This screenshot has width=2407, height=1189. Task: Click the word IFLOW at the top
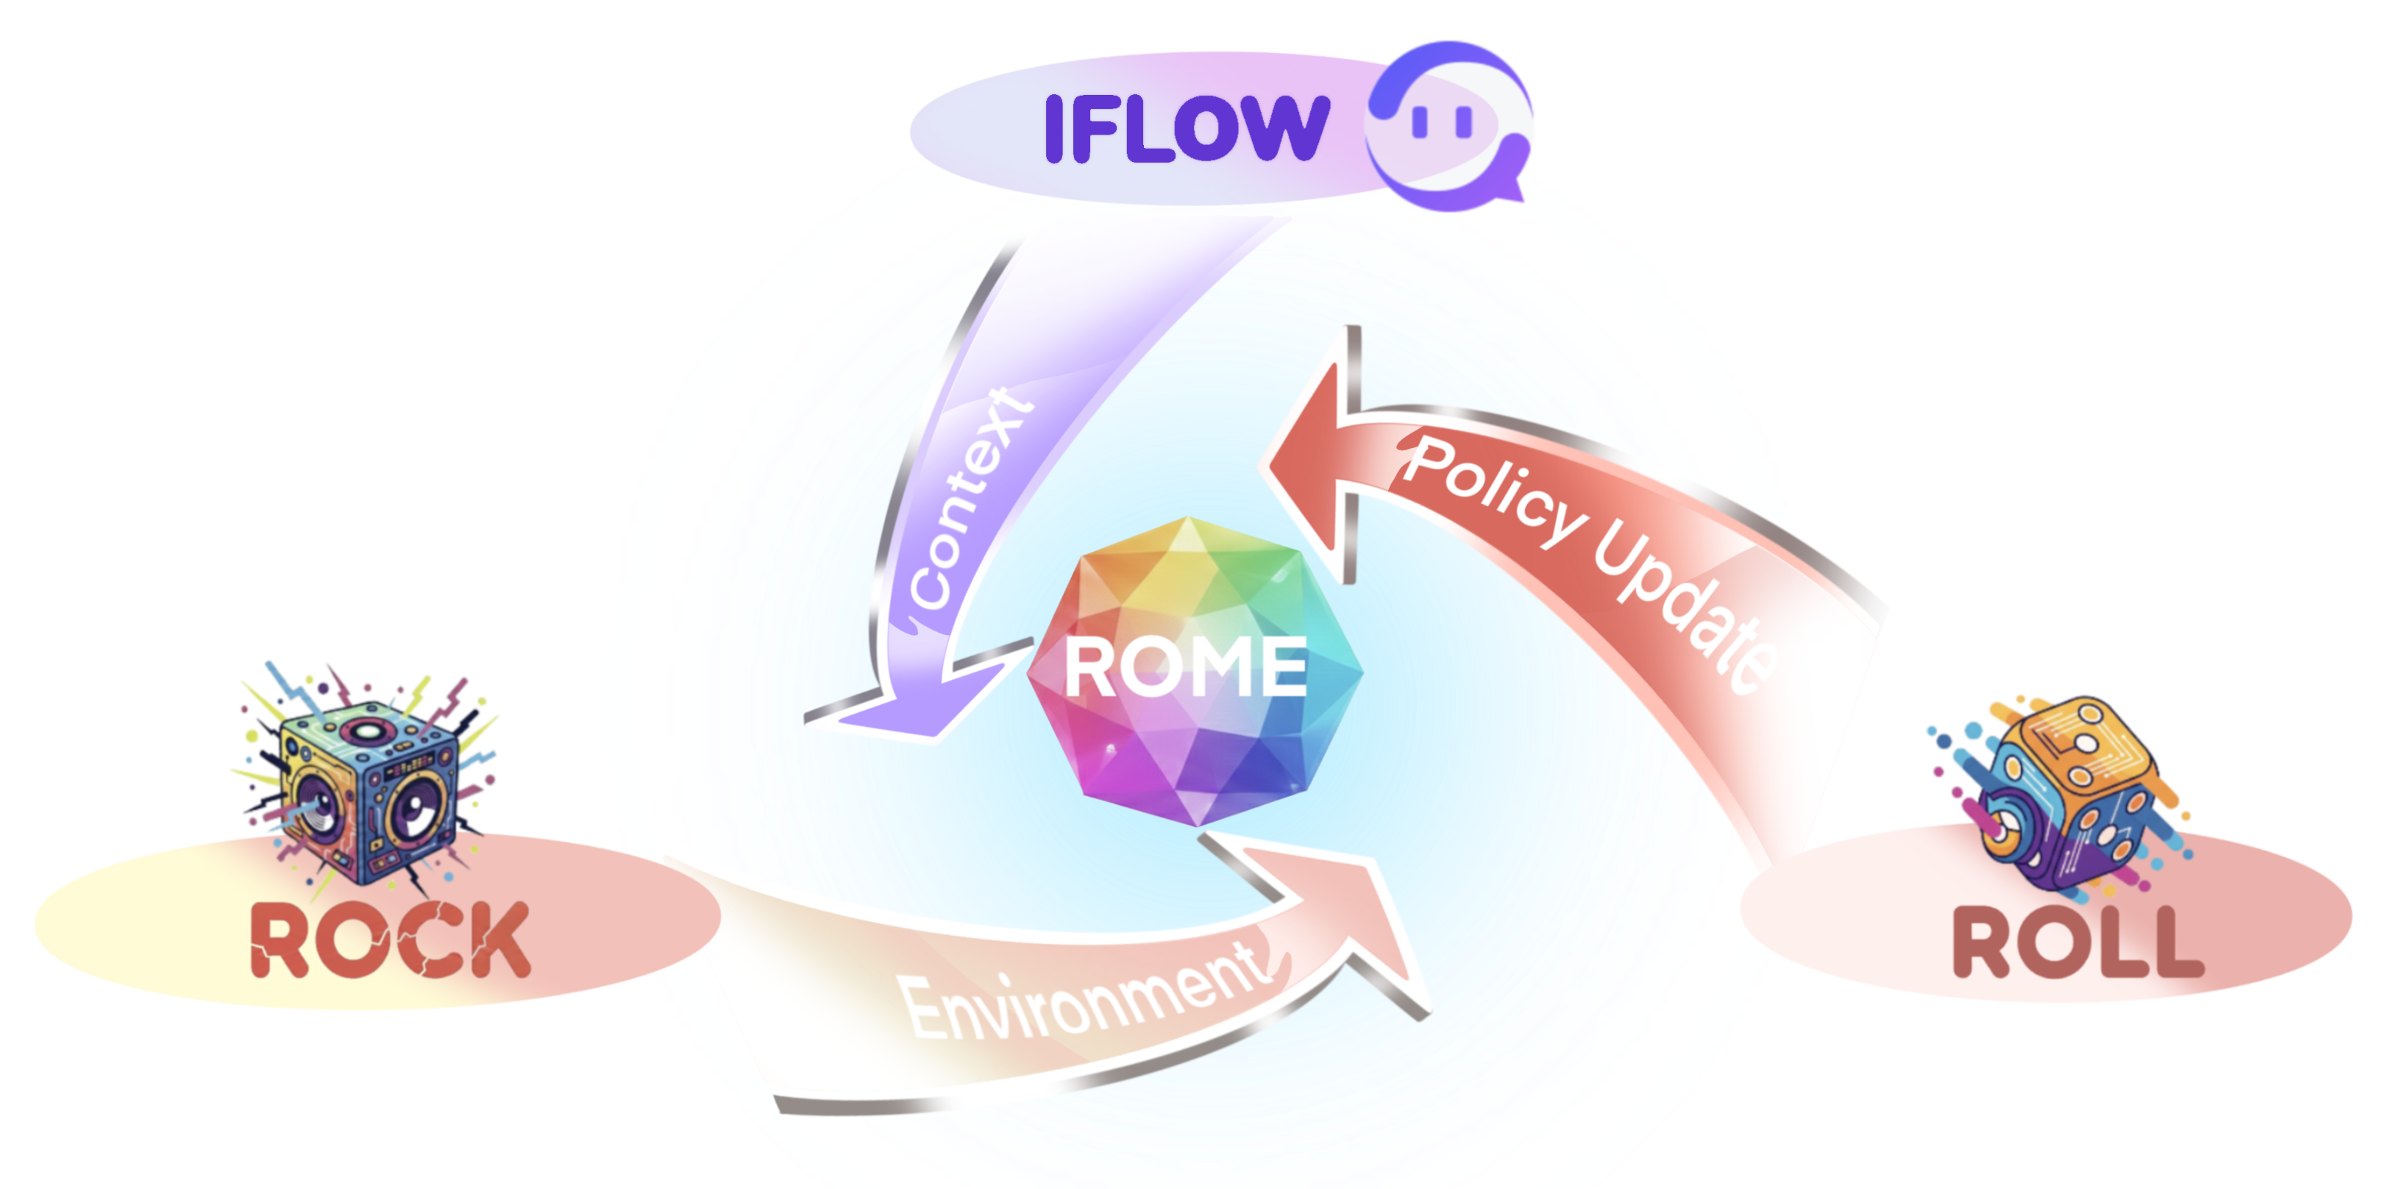(1186, 127)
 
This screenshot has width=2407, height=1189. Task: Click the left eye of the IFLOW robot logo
(1421, 121)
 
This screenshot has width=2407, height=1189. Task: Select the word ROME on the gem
(1186, 666)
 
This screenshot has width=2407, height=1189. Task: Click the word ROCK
(390, 940)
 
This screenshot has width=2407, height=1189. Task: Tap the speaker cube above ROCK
(369, 785)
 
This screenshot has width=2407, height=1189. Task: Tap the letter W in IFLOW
(1279, 127)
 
